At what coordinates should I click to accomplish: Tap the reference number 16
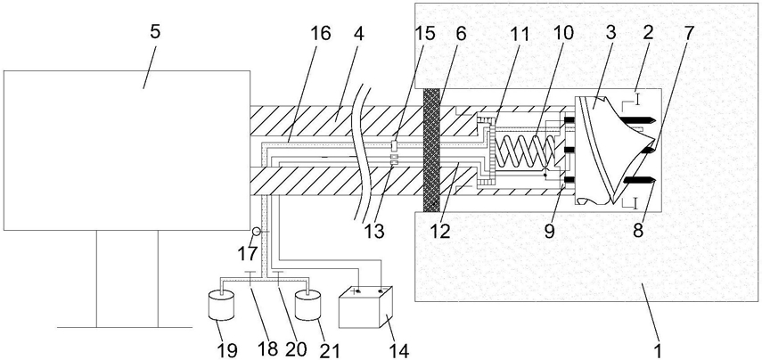(321, 34)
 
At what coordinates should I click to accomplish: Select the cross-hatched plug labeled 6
(431, 150)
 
